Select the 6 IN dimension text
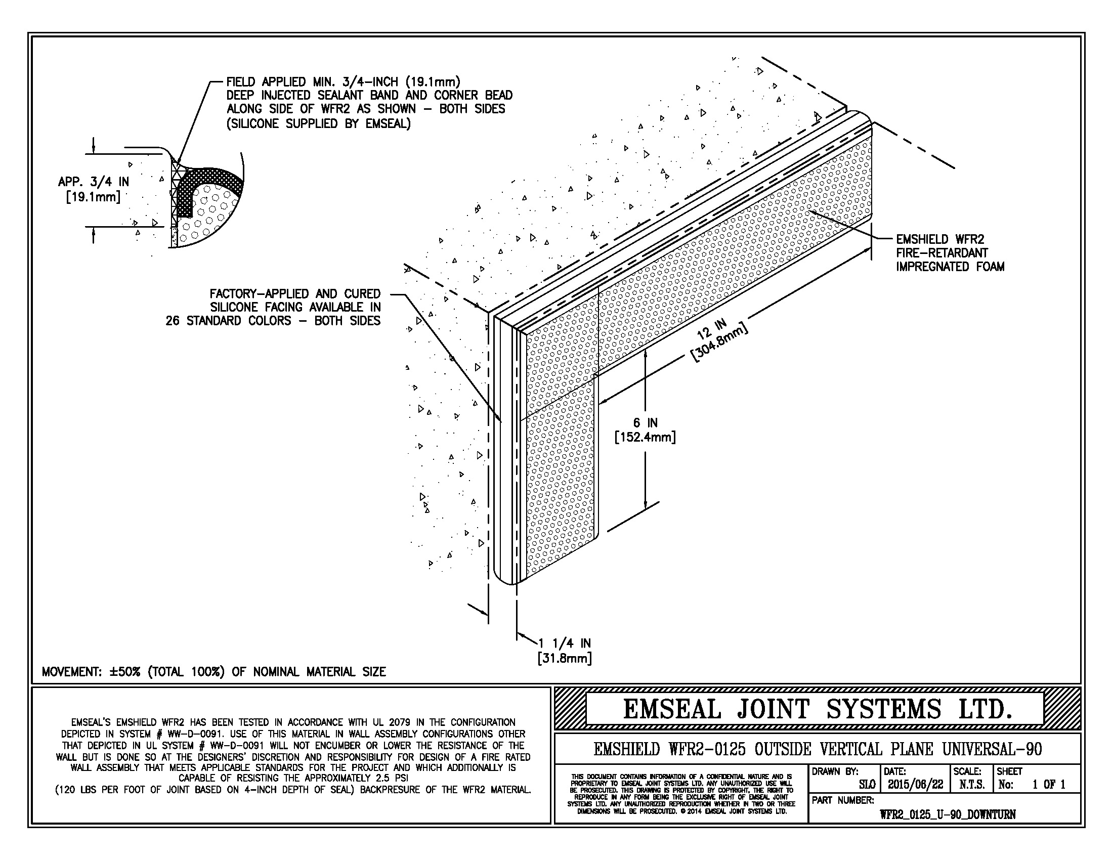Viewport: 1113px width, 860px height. point(645,422)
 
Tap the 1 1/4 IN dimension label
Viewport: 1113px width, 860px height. point(565,643)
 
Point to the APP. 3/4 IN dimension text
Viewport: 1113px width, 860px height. point(93,182)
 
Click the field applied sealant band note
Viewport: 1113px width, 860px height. point(369,102)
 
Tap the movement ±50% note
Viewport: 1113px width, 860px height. point(213,671)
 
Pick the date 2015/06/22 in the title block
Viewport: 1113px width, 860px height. point(915,785)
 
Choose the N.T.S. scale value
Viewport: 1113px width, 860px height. point(972,785)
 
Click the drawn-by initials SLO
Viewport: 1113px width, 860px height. point(867,785)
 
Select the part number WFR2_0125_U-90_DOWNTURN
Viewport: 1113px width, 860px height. point(948,814)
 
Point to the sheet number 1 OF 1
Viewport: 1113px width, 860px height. point(1048,785)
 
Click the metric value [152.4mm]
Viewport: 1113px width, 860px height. point(645,437)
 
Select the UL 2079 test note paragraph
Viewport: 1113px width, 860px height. point(293,756)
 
